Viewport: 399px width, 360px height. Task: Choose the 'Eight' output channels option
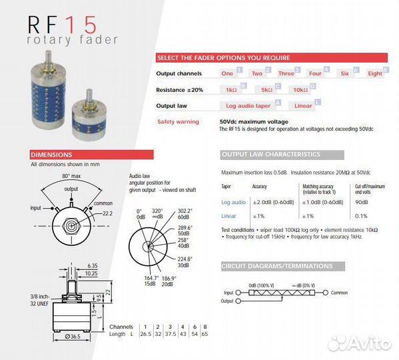pos(375,73)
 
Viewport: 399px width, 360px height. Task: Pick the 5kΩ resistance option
pos(266,89)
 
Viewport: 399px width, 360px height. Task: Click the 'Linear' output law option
pos(303,105)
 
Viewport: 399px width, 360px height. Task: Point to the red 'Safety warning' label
pos(178,122)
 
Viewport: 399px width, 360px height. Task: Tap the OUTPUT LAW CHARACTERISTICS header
pos(271,155)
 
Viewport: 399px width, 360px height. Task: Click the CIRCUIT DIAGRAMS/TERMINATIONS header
pos(276,266)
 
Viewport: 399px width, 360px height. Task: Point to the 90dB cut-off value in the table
pos(362,202)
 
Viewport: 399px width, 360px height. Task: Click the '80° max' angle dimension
pos(72,175)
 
